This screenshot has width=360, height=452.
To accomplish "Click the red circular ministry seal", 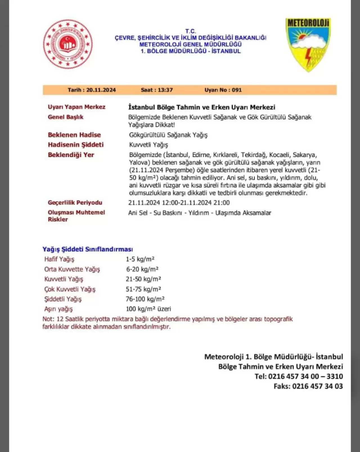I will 68,44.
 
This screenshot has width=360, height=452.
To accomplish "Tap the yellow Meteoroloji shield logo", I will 308,44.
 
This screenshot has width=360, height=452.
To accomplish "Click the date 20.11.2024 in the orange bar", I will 101,90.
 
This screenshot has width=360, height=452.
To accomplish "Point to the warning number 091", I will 237,90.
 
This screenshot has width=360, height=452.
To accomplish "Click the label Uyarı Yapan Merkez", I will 76,107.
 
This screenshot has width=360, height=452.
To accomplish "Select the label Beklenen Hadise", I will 74,135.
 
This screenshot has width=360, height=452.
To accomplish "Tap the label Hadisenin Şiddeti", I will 76,145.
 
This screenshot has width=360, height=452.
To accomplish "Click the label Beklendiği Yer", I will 71,155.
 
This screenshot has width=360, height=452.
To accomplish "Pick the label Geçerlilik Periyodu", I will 75,203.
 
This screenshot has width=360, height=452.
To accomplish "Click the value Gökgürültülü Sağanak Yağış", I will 168,135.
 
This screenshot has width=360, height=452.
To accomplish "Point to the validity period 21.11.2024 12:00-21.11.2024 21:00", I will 179,203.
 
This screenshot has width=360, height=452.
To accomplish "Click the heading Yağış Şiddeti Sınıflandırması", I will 88,249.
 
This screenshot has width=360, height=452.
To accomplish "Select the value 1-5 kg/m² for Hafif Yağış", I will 140,259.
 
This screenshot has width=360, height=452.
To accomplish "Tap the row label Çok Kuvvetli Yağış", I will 70,289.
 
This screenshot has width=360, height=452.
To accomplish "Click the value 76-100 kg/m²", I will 145,299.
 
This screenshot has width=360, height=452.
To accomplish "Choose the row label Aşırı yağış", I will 58,309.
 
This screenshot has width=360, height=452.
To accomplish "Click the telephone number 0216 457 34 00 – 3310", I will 305,376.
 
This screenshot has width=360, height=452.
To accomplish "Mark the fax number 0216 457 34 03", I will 318,386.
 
